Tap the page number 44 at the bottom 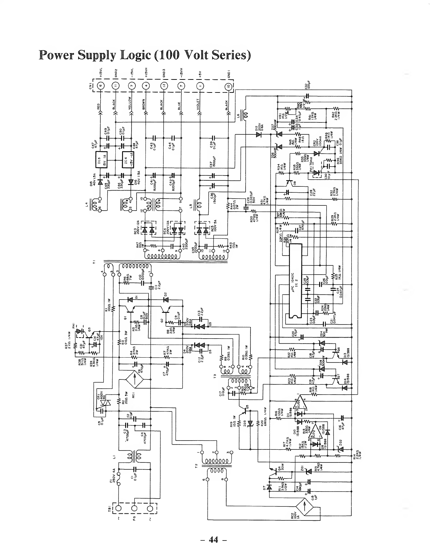(214, 539)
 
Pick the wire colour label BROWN (144, 105)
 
